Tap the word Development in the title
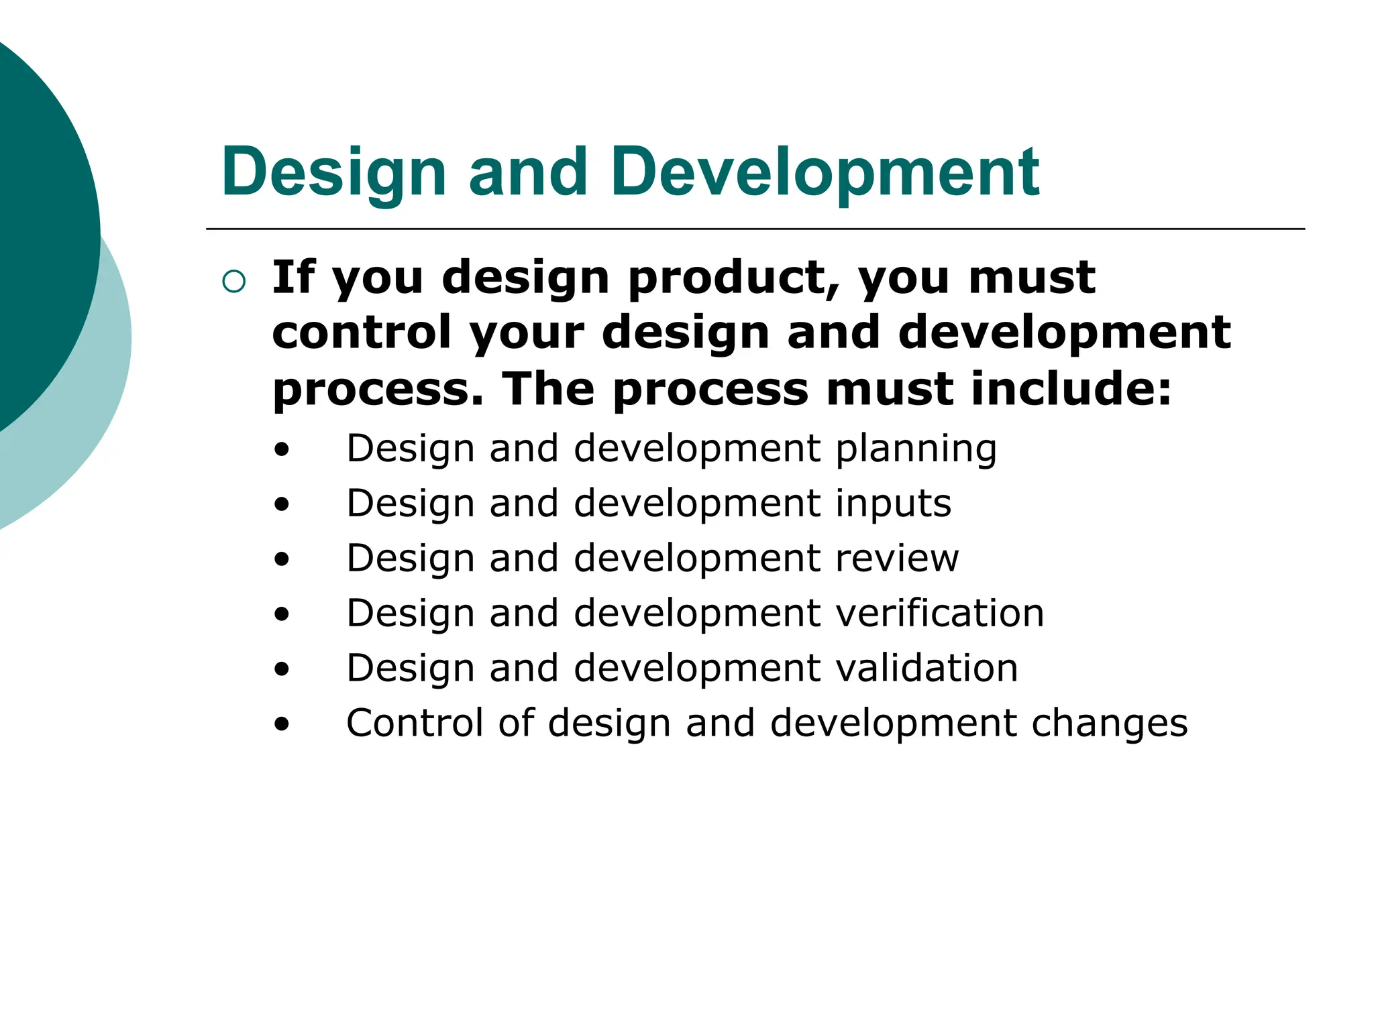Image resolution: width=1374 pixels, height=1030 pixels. tap(825, 172)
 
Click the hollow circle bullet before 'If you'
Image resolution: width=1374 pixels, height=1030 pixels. tap(233, 281)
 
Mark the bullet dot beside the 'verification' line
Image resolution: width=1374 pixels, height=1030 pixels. tap(282, 614)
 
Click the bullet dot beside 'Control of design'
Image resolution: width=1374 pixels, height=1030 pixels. tap(282, 724)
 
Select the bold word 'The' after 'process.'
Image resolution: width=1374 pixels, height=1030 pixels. tap(548, 389)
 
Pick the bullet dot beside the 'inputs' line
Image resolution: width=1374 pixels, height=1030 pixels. tap(282, 504)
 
